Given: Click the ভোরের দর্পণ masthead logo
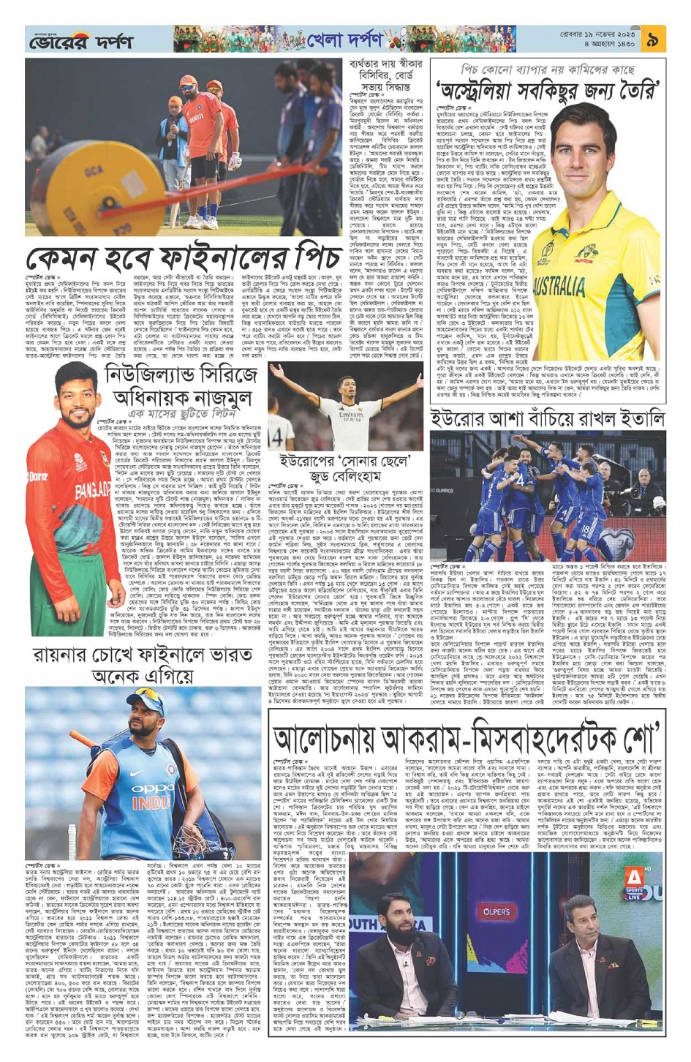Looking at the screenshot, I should coord(80,41).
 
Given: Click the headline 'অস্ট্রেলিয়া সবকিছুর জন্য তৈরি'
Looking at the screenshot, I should coord(548,89).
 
